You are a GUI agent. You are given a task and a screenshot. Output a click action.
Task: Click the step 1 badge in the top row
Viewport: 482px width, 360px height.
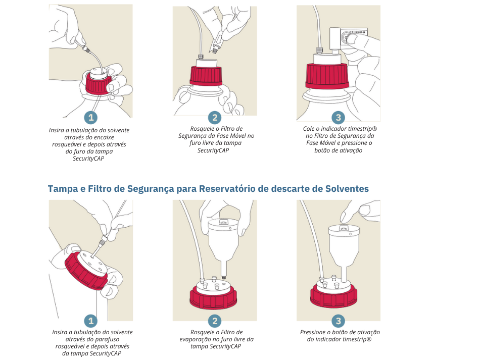pos(90,117)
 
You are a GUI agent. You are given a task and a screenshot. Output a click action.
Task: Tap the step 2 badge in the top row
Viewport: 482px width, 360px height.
pos(215,117)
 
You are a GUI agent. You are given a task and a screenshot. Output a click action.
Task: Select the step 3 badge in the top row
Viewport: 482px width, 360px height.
pos(338,117)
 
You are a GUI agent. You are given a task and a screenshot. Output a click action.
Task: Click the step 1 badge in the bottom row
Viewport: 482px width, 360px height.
pos(90,321)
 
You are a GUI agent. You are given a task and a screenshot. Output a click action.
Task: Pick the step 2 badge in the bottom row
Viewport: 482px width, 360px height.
pos(215,321)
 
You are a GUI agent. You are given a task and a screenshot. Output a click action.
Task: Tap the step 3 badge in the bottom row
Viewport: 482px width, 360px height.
pos(338,321)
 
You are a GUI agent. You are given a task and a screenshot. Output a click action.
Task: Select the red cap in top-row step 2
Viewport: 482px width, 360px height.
pos(206,76)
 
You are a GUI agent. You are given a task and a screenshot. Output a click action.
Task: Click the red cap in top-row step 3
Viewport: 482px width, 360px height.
pos(327,77)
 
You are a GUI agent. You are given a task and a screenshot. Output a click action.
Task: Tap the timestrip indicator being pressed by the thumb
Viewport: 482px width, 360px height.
pos(351,36)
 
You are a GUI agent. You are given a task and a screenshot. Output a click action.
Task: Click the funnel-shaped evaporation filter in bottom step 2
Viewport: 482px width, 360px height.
pos(223,243)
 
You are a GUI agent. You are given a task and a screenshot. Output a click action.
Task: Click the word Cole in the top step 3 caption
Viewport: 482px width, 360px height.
pos(309,129)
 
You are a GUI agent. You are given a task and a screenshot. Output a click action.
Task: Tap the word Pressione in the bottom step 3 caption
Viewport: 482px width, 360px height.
pos(314,332)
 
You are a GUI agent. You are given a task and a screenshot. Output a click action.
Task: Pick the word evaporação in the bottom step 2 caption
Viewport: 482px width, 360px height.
pos(196,339)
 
